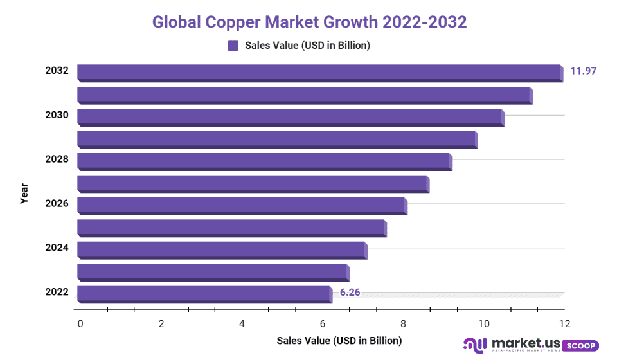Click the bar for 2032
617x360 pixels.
click(x=319, y=72)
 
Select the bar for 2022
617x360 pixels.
click(x=204, y=294)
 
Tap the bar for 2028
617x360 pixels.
click(x=264, y=161)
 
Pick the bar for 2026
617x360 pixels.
click(x=242, y=205)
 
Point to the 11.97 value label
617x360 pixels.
click(x=584, y=71)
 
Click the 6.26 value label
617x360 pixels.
click(x=350, y=292)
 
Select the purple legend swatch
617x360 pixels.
click(x=233, y=46)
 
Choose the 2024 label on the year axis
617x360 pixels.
click(x=57, y=248)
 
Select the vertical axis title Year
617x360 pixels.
click(x=24, y=194)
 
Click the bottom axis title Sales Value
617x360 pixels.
click(x=339, y=340)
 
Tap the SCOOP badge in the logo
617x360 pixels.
click(x=581, y=346)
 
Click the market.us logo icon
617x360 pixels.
click(x=476, y=346)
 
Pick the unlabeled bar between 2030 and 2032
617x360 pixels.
click(x=305, y=94)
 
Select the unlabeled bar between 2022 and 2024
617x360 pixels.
click(x=213, y=272)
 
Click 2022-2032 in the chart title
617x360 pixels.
click(x=424, y=22)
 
